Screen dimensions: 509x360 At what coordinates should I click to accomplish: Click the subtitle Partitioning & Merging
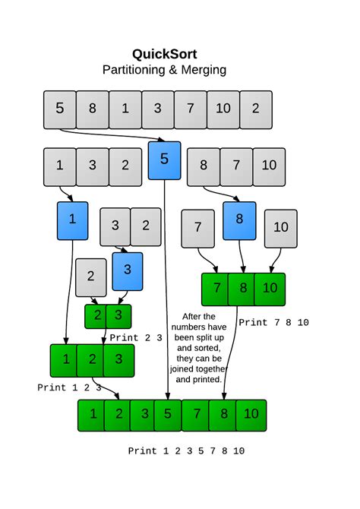(164, 70)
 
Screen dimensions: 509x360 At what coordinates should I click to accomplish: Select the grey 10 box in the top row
(223, 109)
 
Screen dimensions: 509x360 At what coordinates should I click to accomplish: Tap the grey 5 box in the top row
(60, 109)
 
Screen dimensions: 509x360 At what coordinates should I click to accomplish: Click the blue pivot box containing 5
(165, 160)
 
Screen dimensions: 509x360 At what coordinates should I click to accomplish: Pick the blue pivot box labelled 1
(73, 220)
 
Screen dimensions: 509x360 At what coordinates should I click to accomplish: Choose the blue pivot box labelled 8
(239, 220)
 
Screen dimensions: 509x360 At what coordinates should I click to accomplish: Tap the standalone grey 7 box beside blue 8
(198, 228)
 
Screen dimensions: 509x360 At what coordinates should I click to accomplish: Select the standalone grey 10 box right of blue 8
(280, 228)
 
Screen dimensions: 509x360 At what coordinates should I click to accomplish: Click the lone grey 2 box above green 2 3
(91, 277)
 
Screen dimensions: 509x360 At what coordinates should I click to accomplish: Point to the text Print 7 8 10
(273, 323)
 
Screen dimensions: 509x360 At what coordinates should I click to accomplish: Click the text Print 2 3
(136, 338)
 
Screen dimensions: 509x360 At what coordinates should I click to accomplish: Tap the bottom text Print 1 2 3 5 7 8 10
(186, 451)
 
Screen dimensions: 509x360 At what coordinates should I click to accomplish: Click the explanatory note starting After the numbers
(201, 347)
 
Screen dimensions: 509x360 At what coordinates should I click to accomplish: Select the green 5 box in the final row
(168, 415)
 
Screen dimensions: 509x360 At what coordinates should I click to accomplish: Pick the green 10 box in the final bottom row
(251, 415)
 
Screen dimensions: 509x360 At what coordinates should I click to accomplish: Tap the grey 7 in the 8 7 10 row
(236, 166)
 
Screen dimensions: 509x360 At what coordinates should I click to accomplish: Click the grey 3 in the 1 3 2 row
(93, 166)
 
